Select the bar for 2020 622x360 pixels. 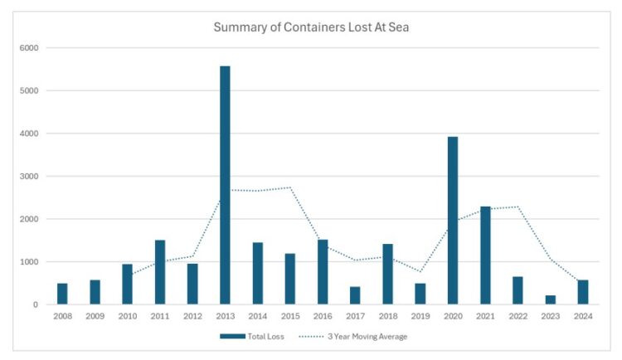452,221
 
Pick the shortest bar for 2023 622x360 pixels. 550,299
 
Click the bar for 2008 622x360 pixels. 62,294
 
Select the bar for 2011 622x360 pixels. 160,272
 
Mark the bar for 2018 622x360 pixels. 387,275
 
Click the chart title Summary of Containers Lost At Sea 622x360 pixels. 311,27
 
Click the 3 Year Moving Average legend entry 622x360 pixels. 356,336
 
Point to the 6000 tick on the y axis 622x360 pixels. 29,48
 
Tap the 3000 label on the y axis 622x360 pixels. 29,177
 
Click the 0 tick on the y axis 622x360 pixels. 36,305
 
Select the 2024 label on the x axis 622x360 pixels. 582,316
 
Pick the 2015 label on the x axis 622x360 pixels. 290,316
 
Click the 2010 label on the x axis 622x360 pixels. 128,316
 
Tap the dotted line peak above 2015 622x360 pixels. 290,187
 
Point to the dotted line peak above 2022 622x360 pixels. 518,207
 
